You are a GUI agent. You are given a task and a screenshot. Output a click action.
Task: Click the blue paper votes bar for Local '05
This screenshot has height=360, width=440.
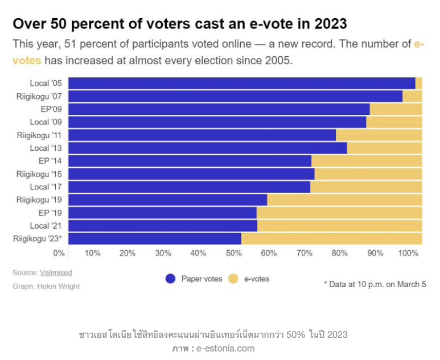241,83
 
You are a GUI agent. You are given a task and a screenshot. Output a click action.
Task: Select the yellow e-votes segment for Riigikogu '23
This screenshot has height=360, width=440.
331,238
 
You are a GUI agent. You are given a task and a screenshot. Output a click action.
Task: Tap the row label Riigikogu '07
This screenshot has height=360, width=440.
39,96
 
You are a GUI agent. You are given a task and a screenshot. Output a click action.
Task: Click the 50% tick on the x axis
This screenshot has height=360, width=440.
233,253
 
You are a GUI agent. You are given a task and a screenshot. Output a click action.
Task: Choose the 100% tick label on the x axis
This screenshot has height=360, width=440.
408,253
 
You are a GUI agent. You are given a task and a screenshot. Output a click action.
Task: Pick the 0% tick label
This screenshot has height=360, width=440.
59,253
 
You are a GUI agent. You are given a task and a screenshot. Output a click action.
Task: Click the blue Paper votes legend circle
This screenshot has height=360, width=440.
170,279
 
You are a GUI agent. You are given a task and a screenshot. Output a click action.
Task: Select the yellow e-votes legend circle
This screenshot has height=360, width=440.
233,279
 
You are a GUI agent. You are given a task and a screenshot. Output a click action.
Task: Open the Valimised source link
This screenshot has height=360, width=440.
56,272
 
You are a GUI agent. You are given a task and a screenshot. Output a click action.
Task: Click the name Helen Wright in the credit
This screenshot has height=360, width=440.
59,286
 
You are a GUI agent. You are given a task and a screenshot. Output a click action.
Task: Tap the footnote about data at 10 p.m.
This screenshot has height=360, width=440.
375,284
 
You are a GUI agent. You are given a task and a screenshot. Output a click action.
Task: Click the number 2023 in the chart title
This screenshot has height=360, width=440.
327,24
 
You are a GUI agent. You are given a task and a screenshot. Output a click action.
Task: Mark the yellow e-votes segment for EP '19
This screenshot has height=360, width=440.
339,213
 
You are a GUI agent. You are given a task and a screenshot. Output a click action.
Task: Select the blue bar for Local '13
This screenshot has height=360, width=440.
208,148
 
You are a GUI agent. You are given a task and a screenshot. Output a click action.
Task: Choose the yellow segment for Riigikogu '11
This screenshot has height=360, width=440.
379,135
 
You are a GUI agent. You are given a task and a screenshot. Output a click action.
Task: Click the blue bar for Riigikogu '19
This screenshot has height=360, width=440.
167,200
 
